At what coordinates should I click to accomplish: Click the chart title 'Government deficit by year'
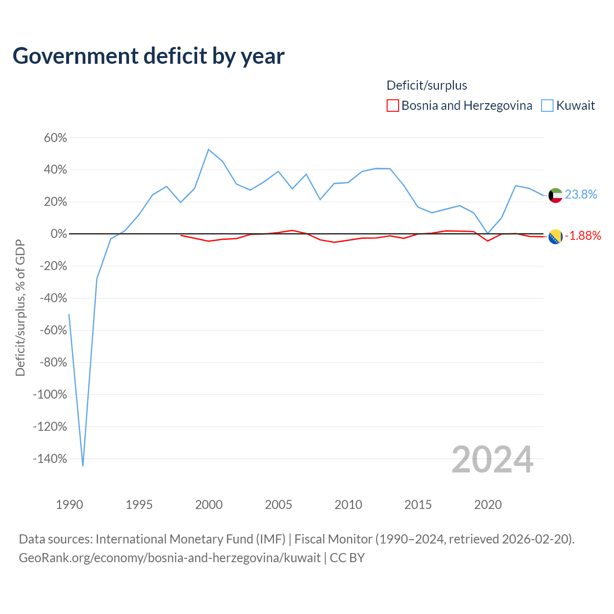point(149,56)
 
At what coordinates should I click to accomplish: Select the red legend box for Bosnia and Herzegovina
point(392,106)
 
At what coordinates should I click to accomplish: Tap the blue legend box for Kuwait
point(547,106)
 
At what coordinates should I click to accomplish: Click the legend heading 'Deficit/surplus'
point(426,85)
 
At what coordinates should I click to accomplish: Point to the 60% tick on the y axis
point(56,138)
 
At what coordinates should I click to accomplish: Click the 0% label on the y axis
point(59,234)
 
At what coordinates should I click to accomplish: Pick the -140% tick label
point(50,459)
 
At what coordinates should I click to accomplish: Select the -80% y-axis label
point(53,363)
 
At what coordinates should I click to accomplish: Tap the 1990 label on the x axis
point(70,505)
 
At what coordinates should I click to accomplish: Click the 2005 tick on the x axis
point(279,505)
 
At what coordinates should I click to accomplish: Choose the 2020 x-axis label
point(488,505)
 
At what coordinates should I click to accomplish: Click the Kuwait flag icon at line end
point(555,195)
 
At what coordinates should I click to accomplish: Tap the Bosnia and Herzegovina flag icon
point(555,236)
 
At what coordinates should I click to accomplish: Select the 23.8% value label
point(581,194)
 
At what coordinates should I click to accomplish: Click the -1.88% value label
point(583,236)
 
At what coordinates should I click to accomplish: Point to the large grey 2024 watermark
point(492,460)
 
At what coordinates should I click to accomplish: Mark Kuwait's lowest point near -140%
point(83,466)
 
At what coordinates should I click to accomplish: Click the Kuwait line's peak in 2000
point(209,149)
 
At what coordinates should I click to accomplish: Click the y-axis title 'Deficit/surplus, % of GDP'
point(20,307)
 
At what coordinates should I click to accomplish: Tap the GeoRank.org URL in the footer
point(169,558)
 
